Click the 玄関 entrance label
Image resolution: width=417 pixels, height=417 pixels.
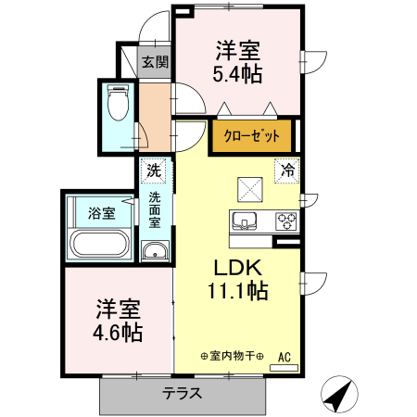155,63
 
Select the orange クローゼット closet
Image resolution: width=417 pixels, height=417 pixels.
251,135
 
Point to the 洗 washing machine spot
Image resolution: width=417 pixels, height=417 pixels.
154,171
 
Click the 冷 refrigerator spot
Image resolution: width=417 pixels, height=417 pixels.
288,171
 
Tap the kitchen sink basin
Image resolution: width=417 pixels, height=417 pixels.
246,221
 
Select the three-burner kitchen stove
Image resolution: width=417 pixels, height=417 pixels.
286,221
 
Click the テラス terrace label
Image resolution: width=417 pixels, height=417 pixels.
183,392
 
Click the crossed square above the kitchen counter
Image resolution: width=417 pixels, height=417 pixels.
250,188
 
